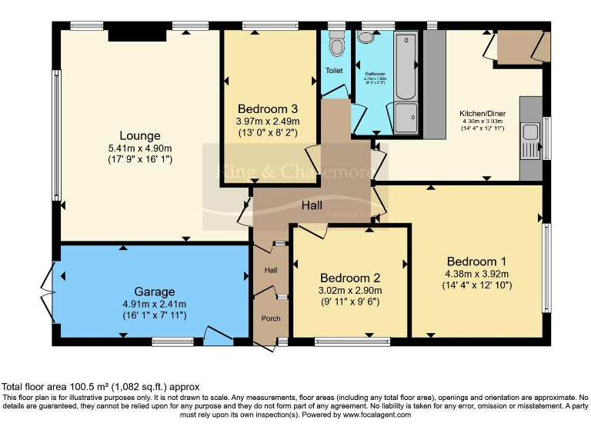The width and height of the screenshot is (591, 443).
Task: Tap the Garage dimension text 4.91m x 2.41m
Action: pos(155,304)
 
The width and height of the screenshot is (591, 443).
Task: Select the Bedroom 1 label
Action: pos(476,261)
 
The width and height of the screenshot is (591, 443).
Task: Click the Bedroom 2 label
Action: pos(350,278)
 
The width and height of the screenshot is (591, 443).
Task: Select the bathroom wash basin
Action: pos(365,37)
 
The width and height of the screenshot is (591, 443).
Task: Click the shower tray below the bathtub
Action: pos(406,118)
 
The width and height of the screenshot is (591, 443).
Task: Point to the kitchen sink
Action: pos(529,139)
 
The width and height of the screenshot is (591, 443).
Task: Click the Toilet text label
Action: pos(334,71)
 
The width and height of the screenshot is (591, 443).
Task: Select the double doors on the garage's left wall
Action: pos(48,295)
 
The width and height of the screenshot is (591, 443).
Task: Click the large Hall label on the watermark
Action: pos(312,205)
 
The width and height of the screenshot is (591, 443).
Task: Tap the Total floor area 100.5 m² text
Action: pos(100,387)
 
